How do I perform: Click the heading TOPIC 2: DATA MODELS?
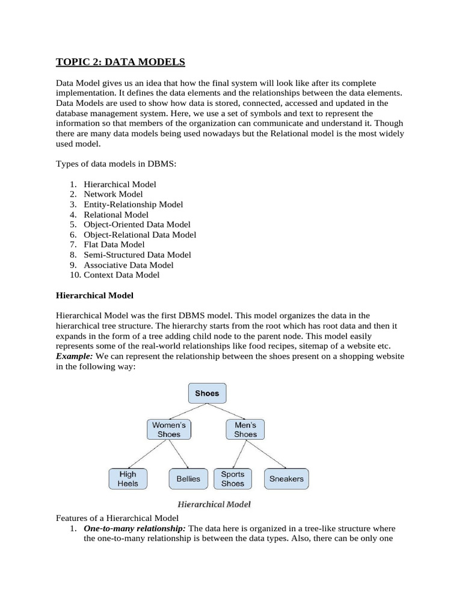pos(120,62)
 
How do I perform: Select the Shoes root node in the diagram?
pos(207,393)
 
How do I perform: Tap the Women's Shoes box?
pos(169,429)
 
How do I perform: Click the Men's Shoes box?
pos(245,429)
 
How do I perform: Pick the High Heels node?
pos(128,479)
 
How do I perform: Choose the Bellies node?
pos(188,479)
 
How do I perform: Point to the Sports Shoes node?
pos(233,479)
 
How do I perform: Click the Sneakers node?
pos(286,479)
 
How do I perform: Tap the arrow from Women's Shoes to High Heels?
pos(149,454)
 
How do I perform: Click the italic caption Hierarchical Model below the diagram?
pos(214,504)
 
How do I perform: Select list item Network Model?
pos(113,194)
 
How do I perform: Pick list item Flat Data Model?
pos(114,244)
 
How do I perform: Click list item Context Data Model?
pos(122,275)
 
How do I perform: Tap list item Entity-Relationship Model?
pos(133,205)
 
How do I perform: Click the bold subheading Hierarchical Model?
pos(94,295)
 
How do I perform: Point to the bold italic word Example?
pos(75,356)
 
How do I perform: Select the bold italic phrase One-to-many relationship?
pos(135,528)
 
